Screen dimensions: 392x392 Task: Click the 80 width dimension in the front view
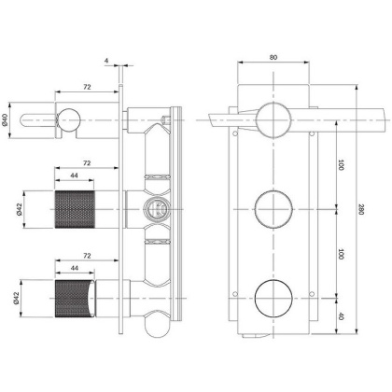[273, 56]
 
